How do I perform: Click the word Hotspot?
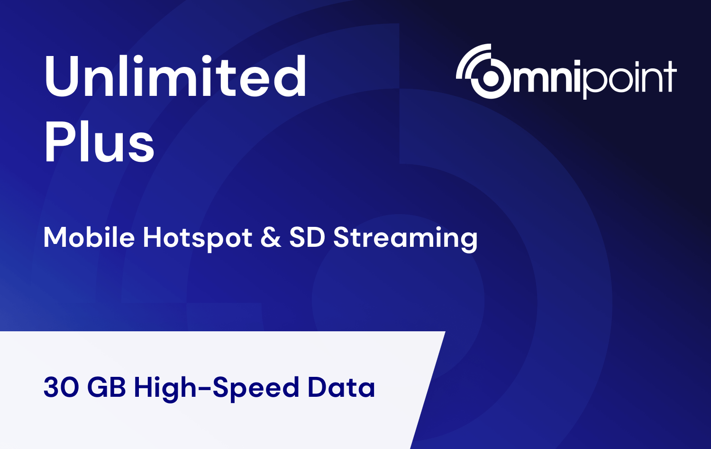198,238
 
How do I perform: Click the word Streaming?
405,238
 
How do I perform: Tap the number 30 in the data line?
61,387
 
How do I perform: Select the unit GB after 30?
106,387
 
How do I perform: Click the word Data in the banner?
342,387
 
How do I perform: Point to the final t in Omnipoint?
670,76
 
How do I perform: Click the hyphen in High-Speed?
205,389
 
